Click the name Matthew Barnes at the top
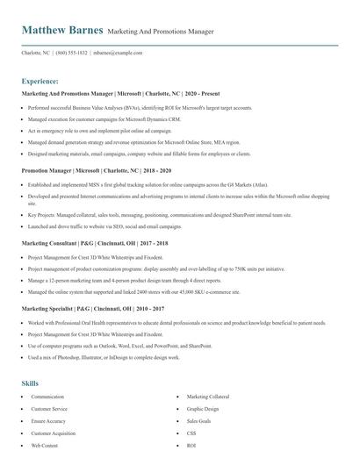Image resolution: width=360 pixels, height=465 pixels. (62, 31)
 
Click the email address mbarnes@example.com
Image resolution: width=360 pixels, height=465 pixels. (119, 53)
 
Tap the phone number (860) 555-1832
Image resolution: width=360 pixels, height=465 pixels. (72, 53)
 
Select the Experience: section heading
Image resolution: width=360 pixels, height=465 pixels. (40, 79)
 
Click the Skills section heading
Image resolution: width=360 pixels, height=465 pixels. (30, 383)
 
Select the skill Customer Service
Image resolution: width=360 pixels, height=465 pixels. (49, 409)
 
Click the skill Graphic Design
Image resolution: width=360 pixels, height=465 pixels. (203, 409)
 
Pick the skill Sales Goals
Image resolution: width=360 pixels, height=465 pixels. (199, 421)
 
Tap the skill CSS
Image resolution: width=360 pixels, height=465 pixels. (191, 433)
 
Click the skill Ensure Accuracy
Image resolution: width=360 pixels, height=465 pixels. (48, 421)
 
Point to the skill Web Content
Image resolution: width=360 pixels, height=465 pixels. (44, 446)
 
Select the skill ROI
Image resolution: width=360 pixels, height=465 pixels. (191, 446)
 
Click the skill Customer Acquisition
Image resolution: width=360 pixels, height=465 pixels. (53, 433)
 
